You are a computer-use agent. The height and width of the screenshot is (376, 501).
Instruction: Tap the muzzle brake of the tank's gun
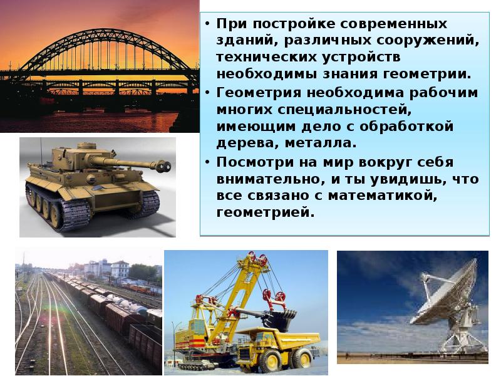tap(163, 167)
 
